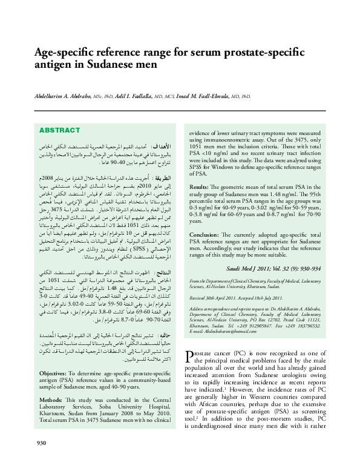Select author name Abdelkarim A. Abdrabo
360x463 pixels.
(x=62, y=96)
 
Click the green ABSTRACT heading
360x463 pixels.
(x=59, y=130)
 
